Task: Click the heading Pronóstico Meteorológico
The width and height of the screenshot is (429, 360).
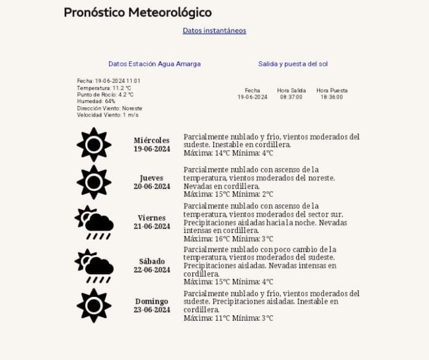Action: [x=137, y=12]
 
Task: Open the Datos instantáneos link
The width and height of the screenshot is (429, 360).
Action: [x=214, y=31]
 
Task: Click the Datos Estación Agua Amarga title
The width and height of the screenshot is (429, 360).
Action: [x=154, y=64]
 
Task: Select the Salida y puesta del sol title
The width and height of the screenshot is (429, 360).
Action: [x=292, y=64]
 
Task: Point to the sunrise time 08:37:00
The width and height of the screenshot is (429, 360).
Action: [x=292, y=97]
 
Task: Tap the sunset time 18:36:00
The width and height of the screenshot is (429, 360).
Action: [x=332, y=97]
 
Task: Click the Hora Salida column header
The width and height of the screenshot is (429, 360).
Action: [x=291, y=91]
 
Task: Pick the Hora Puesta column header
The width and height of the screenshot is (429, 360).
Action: [x=332, y=91]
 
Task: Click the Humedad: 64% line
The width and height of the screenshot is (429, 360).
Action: [x=96, y=101]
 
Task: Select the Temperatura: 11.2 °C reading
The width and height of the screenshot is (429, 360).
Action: [x=104, y=88]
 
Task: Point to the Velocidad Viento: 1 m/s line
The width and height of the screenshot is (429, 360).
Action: [x=107, y=115]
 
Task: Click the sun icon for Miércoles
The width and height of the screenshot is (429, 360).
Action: [x=94, y=145]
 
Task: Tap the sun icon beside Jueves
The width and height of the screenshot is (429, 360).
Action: [x=94, y=182]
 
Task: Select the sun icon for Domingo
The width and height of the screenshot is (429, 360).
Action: [x=94, y=305]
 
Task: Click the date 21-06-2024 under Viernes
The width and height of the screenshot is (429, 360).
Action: [x=152, y=226]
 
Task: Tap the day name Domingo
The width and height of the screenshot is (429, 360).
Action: [x=152, y=302]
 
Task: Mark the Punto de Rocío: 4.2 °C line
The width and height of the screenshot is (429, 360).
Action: [x=105, y=94]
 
